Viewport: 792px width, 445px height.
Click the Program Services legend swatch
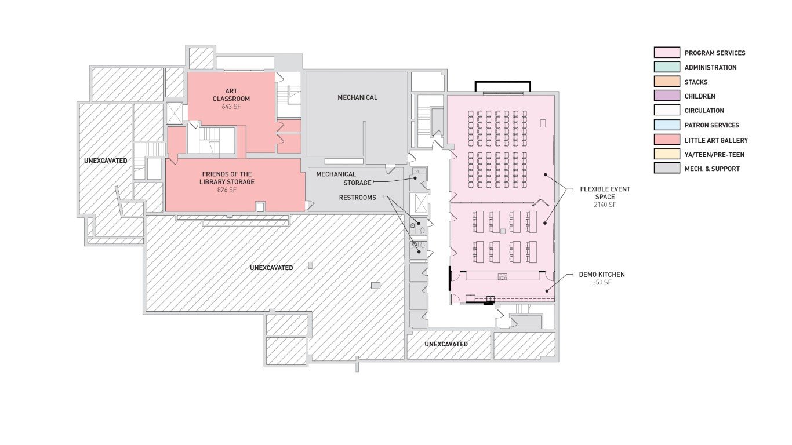coord(667,53)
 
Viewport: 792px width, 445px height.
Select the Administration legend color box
coord(667,67)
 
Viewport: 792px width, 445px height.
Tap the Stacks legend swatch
coord(667,82)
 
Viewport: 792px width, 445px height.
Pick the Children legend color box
coord(667,96)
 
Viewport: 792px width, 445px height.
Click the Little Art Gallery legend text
coord(716,140)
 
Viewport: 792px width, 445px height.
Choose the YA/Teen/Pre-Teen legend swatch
coord(667,154)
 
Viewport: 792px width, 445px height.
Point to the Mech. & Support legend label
coord(712,169)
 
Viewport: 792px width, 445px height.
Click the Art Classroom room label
coord(231,95)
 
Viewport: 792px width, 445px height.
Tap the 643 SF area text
coord(231,107)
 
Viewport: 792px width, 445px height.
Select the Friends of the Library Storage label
coord(228,178)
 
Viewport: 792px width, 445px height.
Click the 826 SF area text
coord(228,190)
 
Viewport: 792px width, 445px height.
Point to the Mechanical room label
coord(357,97)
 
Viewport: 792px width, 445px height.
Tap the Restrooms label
coord(357,197)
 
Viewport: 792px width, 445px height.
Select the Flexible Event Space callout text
coord(605,193)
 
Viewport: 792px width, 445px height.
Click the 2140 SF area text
coord(605,205)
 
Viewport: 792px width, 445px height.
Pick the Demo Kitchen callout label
coord(602,275)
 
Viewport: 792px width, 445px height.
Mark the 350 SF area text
coord(602,283)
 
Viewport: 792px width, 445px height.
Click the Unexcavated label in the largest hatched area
coord(271,268)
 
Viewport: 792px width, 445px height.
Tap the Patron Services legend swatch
coord(667,125)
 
